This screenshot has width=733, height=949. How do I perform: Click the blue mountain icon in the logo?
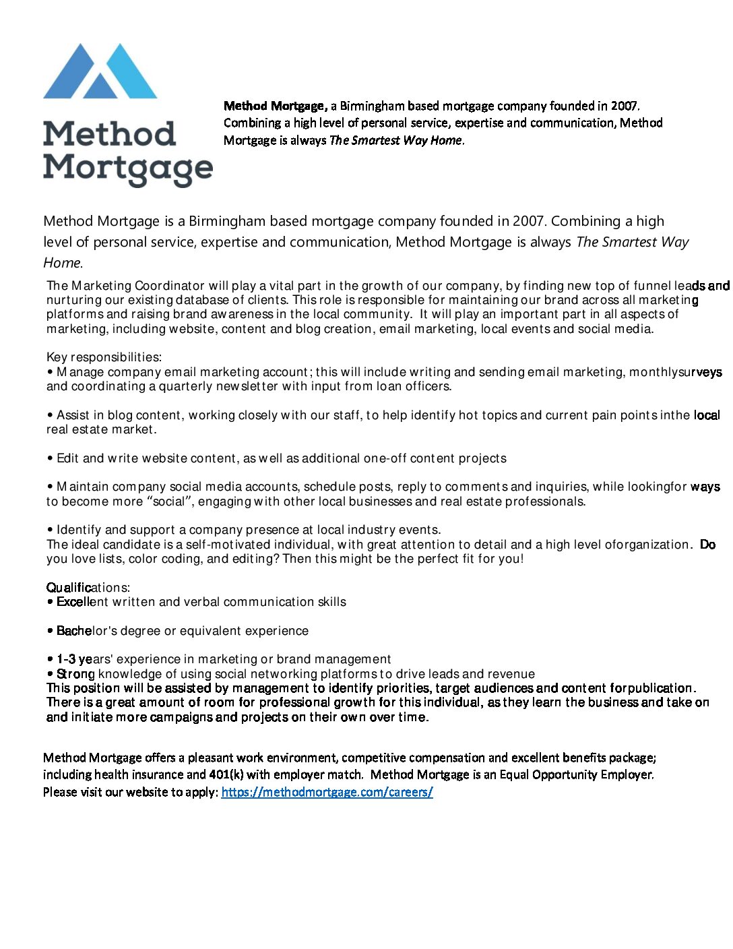coord(100,72)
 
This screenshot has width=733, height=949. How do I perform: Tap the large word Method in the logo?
coord(109,134)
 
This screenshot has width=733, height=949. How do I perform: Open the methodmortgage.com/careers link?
coord(327,792)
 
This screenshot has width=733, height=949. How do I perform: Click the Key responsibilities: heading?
coord(104,357)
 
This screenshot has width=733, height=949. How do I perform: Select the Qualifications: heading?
coord(88,588)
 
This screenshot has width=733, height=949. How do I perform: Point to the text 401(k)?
coord(226,774)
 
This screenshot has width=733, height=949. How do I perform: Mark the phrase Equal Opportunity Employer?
coord(576,774)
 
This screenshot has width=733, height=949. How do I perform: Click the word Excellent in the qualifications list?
coord(82,602)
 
